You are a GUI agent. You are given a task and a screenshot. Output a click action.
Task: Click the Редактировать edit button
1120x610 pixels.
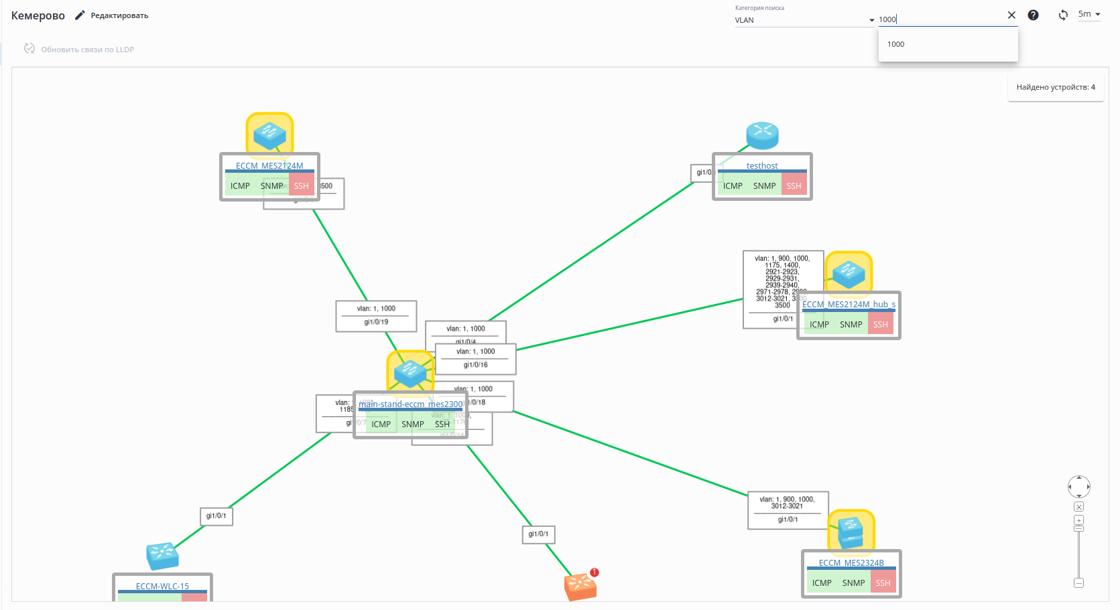(x=112, y=15)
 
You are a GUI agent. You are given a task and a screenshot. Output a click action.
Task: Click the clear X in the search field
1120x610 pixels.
(x=1011, y=15)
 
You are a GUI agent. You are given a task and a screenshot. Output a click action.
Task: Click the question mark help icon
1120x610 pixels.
(x=1033, y=15)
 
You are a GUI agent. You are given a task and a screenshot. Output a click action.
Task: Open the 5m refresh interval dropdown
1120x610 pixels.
(x=1088, y=14)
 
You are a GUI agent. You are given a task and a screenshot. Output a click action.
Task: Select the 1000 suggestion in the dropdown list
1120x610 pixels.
(x=896, y=44)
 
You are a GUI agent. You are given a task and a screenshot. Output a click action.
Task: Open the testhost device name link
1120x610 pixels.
(x=762, y=165)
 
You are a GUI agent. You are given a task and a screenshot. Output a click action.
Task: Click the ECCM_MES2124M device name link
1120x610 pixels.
(x=269, y=165)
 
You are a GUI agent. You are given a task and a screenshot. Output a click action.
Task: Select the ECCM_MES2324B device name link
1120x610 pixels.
(x=851, y=562)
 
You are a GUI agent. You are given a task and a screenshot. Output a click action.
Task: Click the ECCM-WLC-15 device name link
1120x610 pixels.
(x=162, y=586)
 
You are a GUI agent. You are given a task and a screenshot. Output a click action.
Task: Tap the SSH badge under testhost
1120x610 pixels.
(x=794, y=185)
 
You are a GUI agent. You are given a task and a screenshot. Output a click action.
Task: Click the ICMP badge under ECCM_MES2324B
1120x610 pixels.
(x=822, y=583)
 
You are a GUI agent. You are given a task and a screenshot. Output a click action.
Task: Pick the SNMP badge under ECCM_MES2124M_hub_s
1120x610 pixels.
(x=851, y=324)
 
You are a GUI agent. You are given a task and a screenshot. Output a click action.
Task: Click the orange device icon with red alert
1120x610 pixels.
(x=580, y=586)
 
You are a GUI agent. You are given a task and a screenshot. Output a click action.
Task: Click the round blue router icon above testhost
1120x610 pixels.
(x=763, y=135)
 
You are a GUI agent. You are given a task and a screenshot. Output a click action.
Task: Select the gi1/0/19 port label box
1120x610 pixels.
(x=376, y=322)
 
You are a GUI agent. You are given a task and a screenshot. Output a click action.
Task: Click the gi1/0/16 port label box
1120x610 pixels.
(x=476, y=365)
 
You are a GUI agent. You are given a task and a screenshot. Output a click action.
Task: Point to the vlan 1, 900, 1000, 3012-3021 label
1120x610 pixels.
(x=787, y=502)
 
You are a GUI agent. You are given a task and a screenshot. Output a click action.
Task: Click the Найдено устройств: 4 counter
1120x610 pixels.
(x=1056, y=87)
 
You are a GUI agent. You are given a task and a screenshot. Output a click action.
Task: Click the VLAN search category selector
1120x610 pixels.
(x=804, y=20)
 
